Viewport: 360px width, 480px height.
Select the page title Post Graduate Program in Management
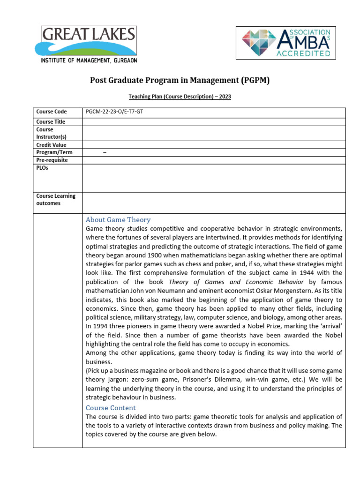click(180, 80)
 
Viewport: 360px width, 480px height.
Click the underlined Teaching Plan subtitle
click(180, 97)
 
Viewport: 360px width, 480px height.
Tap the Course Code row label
click(52, 112)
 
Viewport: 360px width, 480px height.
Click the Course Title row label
click(51, 122)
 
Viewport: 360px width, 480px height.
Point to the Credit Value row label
click(52, 145)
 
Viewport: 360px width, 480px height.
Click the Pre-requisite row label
click(52, 160)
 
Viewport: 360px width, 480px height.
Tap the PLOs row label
click(42, 168)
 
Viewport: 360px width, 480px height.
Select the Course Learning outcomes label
click(56, 200)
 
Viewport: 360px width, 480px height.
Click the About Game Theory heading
click(118, 220)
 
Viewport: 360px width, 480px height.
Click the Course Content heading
click(111, 408)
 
